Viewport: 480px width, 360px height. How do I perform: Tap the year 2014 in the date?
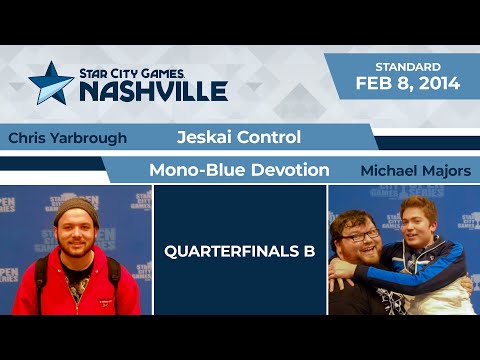pos(440,84)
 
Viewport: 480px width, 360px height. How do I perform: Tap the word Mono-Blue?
pos(193,170)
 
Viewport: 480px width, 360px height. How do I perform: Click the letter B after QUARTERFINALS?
pos(309,252)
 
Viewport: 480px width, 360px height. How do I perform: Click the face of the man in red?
pos(76,233)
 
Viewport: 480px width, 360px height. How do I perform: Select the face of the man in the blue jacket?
pos(417,221)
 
